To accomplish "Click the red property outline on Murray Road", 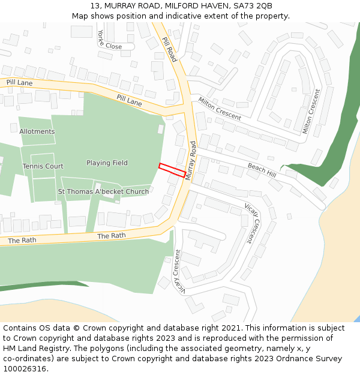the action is coord(172,170).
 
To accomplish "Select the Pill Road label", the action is coord(169,49).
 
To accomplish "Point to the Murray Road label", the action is coord(191,160).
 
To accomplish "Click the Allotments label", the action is coord(37,131).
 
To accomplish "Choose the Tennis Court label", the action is coord(43,166).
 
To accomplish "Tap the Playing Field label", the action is coord(107,163).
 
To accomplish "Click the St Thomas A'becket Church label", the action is coord(103,192).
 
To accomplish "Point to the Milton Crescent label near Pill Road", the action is coord(220,109).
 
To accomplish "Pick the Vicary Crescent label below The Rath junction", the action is coord(178,271).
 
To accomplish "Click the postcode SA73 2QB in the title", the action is coord(253,5).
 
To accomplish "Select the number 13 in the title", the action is coord(95,5).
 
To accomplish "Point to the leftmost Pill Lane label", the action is coord(20,82).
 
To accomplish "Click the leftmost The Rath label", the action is coord(22,240).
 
